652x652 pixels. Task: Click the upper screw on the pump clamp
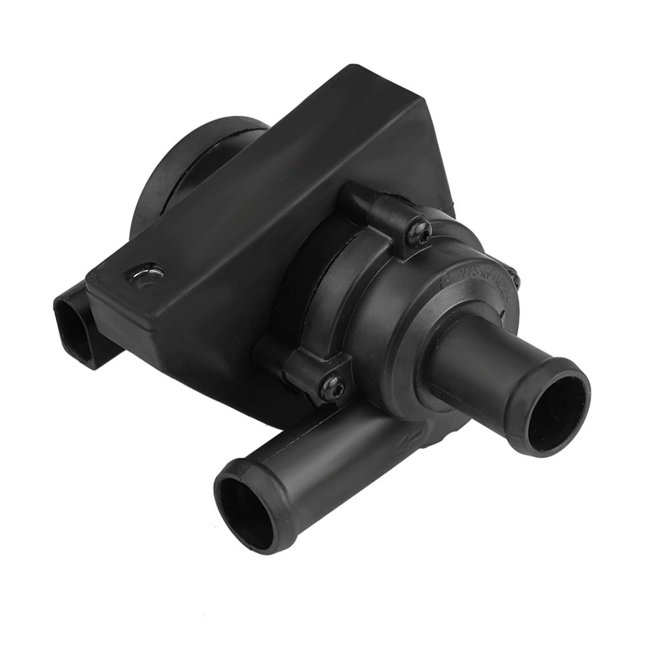[x=418, y=232]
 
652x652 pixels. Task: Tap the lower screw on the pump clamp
[x=332, y=386]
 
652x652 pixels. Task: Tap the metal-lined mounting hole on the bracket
[x=146, y=275]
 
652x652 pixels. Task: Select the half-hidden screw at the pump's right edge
[x=514, y=278]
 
